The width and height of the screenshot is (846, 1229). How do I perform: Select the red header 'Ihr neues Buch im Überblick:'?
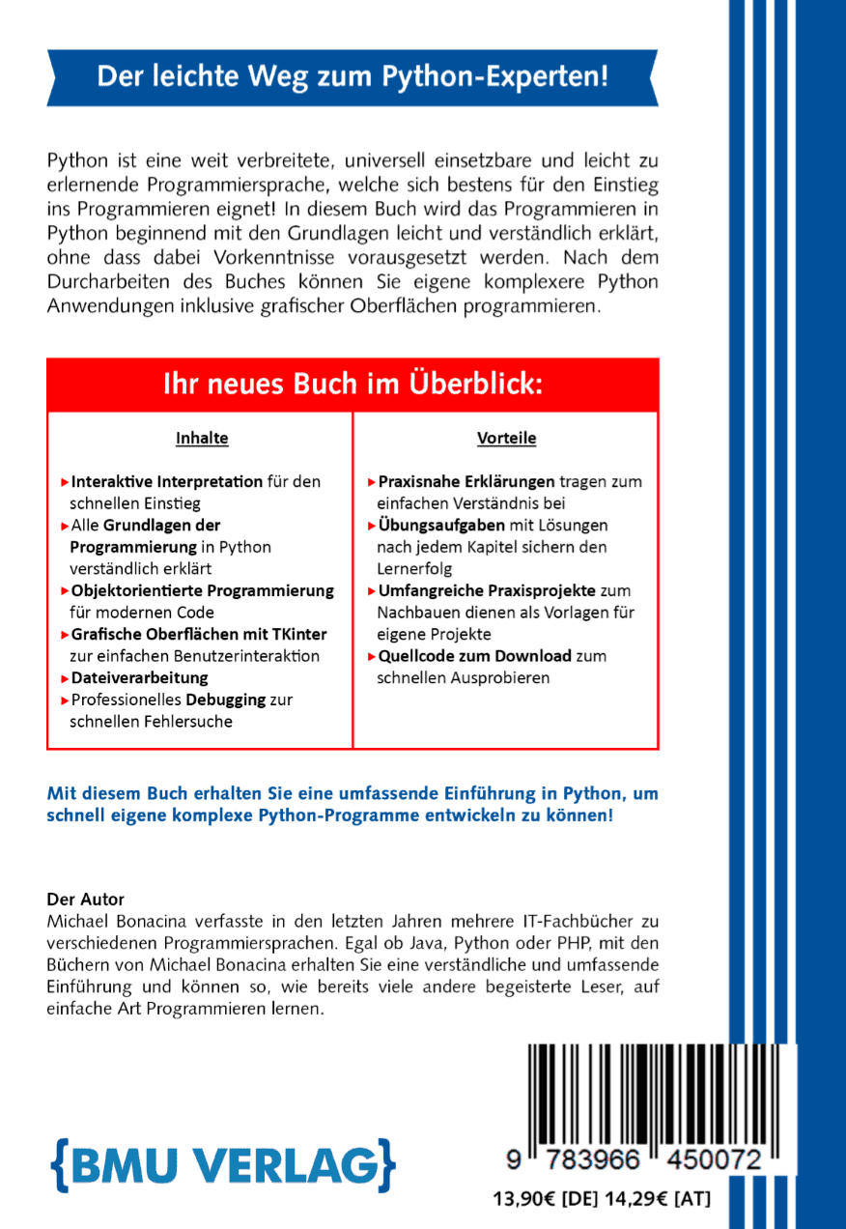tap(352, 385)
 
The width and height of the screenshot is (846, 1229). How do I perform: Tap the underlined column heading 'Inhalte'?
tap(202, 439)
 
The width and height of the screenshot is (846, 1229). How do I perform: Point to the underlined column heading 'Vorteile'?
tap(506, 439)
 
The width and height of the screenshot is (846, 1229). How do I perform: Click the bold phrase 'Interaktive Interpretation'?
tap(167, 481)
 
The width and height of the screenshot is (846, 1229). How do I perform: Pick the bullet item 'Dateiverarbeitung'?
tap(139, 677)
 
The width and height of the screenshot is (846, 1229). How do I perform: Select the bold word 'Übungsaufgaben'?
tap(441, 526)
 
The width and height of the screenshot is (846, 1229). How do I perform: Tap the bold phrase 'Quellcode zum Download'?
tap(474, 656)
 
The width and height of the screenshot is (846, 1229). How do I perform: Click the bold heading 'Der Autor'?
tap(86, 900)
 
